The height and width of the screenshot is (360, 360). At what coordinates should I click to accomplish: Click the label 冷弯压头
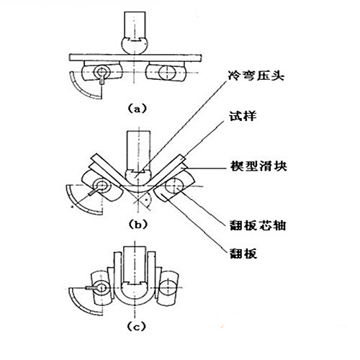[x=256, y=76]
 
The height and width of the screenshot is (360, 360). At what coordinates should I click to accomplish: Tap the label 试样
[x=243, y=117]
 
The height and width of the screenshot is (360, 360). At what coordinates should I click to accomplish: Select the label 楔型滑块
[x=258, y=166]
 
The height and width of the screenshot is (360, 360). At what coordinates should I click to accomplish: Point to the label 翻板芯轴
[x=258, y=225]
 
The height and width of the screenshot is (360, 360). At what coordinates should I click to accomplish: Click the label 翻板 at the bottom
[x=243, y=253]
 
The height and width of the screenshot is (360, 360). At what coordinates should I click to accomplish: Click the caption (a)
[x=137, y=109]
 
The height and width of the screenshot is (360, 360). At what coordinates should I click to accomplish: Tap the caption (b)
[x=138, y=225]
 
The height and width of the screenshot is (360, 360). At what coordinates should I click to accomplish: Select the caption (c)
[x=136, y=327]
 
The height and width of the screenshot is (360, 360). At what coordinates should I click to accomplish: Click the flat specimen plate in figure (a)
[x=135, y=58]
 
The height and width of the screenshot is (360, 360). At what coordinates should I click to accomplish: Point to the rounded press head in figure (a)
[x=135, y=45]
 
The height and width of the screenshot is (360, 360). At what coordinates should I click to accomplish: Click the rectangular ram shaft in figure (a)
[x=135, y=24]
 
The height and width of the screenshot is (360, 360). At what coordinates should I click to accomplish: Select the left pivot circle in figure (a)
[x=102, y=71]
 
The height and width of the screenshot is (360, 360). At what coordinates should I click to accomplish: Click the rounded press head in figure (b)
[x=137, y=178]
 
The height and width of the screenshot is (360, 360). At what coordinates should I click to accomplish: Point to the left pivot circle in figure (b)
[x=102, y=186]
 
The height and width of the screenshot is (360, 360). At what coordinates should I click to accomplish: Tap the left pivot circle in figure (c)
[x=102, y=287]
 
